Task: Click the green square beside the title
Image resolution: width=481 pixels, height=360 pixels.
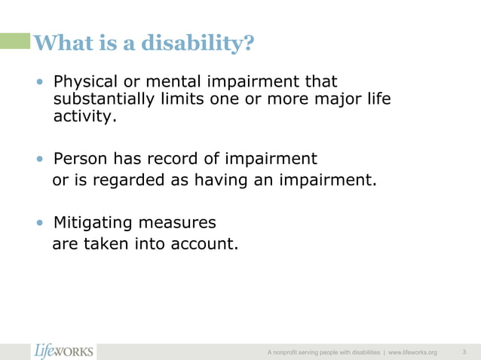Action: coord(15,41)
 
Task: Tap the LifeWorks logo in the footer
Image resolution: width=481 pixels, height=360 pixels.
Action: coord(64,350)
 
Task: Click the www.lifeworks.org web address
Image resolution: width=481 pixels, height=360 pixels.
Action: coord(412,352)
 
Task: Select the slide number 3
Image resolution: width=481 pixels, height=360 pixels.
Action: coord(464,351)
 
